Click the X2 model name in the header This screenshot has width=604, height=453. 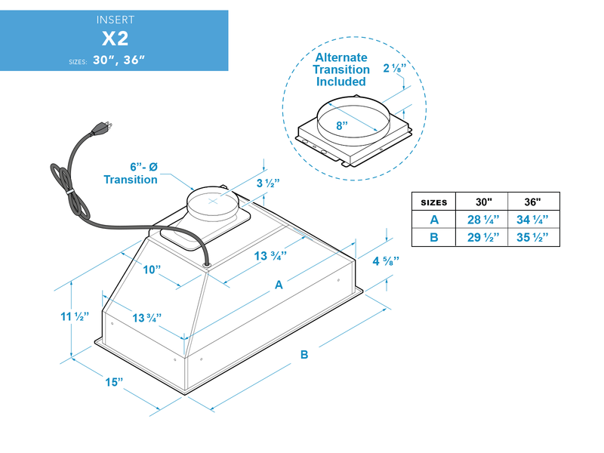point(114,39)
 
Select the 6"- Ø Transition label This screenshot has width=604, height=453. point(131,173)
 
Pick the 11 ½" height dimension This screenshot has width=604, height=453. point(75,316)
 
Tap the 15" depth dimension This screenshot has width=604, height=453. point(114,382)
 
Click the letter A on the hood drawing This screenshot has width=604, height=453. point(279,285)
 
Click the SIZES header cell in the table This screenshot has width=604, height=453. point(433,202)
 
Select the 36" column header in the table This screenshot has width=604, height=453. point(532,202)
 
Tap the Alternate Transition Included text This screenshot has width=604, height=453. point(341,69)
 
